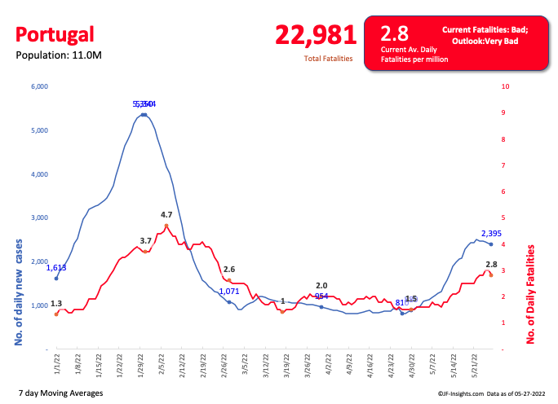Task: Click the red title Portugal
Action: (x=55, y=34)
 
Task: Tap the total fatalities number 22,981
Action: (x=316, y=34)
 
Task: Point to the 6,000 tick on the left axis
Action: (x=39, y=86)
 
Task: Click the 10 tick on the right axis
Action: (x=506, y=86)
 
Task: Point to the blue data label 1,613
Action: (x=56, y=268)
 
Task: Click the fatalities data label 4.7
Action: (x=166, y=214)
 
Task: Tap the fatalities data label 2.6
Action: (x=229, y=269)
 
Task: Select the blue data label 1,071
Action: (x=229, y=291)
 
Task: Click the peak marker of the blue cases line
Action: (x=144, y=115)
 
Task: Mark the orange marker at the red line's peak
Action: (x=166, y=226)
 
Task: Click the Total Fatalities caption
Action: (x=328, y=59)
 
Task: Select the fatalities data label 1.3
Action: (x=56, y=304)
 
